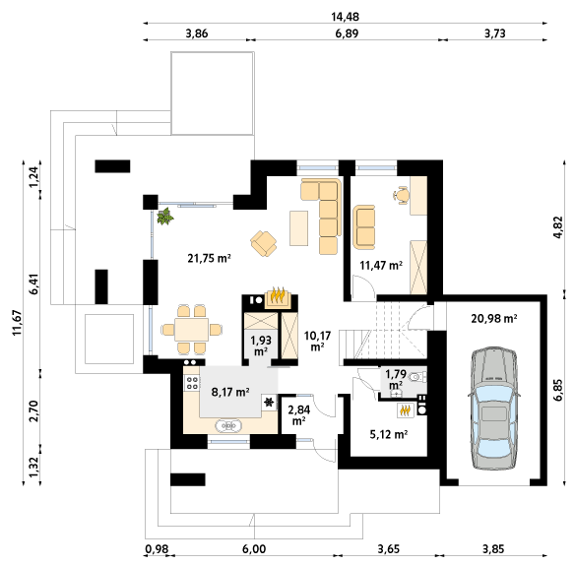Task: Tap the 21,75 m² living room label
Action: coord(209,259)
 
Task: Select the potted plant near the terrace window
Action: coord(165,217)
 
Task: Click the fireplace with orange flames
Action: coord(278,297)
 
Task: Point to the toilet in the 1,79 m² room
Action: coord(417,376)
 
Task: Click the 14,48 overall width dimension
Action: coord(345,17)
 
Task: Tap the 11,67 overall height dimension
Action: coord(18,323)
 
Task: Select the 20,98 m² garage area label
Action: coord(494,318)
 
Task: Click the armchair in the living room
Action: coord(264,243)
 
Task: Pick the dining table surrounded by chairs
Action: coord(191,330)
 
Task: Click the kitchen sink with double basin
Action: coord(229,426)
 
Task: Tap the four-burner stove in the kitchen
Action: coord(192,383)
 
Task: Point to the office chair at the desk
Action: coord(401,195)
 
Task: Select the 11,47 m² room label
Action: coord(381,265)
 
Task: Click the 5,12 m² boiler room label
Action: coord(389,434)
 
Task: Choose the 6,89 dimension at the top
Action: coord(347,33)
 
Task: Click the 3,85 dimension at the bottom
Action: coord(493,549)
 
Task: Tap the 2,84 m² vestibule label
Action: coord(299,415)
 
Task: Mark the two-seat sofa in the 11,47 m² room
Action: coord(364,227)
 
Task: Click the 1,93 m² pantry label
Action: coord(261,346)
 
